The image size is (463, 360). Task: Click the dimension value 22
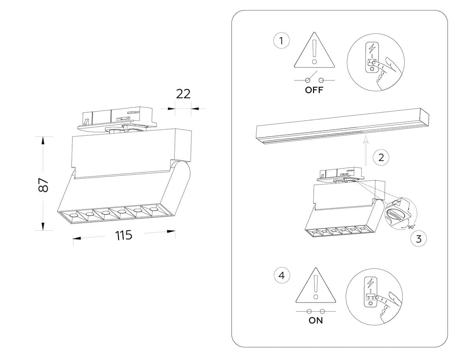click(x=183, y=94)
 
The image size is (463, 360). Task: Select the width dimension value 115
click(x=124, y=235)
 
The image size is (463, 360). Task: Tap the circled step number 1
click(x=282, y=41)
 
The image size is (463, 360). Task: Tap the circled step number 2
click(x=381, y=157)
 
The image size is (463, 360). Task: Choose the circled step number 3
click(x=419, y=239)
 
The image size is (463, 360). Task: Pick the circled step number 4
click(x=282, y=275)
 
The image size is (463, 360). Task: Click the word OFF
click(x=314, y=90)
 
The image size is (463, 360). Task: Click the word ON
click(x=316, y=320)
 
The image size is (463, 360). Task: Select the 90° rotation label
click(x=411, y=227)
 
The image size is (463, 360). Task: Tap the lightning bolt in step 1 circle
click(x=372, y=48)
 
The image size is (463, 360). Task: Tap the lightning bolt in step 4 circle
click(x=370, y=282)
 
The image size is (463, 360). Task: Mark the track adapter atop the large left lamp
click(x=117, y=118)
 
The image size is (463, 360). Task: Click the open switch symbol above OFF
click(x=314, y=79)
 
